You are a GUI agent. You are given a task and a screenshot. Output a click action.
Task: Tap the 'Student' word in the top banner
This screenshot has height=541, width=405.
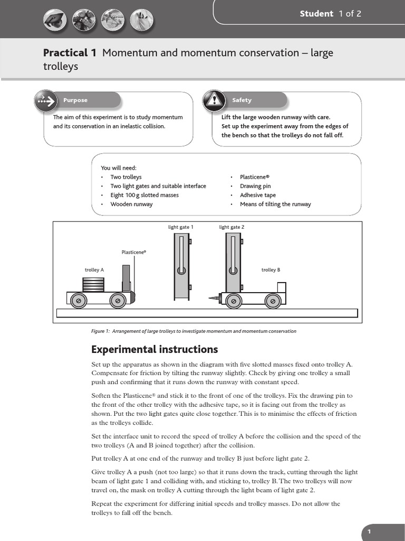coord(316,14)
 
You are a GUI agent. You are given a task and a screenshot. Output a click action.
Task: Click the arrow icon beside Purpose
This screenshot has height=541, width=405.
coord(46,100)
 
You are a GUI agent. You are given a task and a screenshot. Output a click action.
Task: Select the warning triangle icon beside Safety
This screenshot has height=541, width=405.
coord(215,100)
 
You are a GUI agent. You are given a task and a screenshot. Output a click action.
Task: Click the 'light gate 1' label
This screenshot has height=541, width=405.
coord(181,227)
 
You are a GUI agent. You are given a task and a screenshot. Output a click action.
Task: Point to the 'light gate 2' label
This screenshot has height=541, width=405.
coord(232,227)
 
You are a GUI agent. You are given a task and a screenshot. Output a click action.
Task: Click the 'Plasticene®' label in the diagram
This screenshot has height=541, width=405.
coord(134,253)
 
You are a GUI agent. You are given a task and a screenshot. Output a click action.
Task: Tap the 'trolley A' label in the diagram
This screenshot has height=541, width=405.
coord(94,270)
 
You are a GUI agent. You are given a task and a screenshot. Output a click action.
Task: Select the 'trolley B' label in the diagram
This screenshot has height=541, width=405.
coord(271,270)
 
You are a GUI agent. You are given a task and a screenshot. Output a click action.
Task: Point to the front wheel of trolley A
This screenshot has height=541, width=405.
coord(117,301)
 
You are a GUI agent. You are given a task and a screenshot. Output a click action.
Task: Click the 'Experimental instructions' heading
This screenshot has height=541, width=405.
coord(155,349)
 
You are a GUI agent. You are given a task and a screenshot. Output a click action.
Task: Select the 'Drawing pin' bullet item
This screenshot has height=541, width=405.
coord(255,186)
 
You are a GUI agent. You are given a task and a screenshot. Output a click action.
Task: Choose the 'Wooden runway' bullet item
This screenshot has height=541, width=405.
coord(131,204)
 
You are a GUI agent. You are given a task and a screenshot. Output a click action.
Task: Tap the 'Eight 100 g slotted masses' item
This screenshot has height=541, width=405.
coord(144,195)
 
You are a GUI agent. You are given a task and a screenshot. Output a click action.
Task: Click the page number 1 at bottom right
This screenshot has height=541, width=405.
coord(370,532)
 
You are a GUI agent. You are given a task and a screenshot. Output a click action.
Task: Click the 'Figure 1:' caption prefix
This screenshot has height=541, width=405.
coord(100,331)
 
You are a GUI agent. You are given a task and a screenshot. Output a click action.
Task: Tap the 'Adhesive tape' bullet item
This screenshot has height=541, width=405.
coord(257,195)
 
